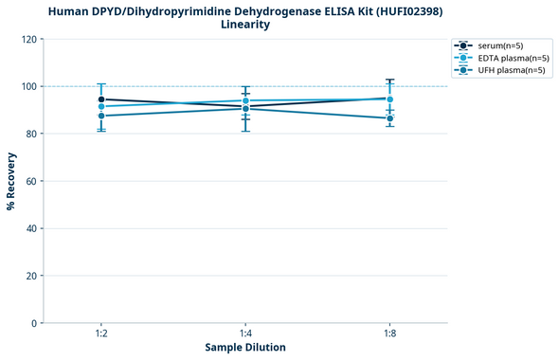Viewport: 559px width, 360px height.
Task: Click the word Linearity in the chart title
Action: (x=244, y=25)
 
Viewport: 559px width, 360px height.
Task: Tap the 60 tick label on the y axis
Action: (x=30, y=181)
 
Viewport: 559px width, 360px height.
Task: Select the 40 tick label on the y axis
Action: (x=30, y=228)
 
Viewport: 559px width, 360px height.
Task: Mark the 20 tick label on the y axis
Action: (x=30, y=276)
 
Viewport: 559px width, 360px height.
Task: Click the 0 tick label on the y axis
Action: (x=33, y=323)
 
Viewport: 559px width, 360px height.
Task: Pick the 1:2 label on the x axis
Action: (x=100, y=334)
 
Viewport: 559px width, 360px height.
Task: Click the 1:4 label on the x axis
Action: (x=245, y=334)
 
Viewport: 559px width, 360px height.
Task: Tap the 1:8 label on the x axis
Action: (x=389, y=334)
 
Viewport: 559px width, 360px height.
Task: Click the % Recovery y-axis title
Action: (x=11, y=181)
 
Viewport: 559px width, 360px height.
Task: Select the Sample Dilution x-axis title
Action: (x=245, y=348)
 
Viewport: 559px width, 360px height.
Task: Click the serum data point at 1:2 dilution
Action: (x=101, y=99)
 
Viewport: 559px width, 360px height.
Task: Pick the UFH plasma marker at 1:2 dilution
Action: (x=101, y=116)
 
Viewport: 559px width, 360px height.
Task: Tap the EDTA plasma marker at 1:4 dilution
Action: (x=245, y=100)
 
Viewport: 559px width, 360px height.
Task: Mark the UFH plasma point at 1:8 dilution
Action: (x=389, y=118)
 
